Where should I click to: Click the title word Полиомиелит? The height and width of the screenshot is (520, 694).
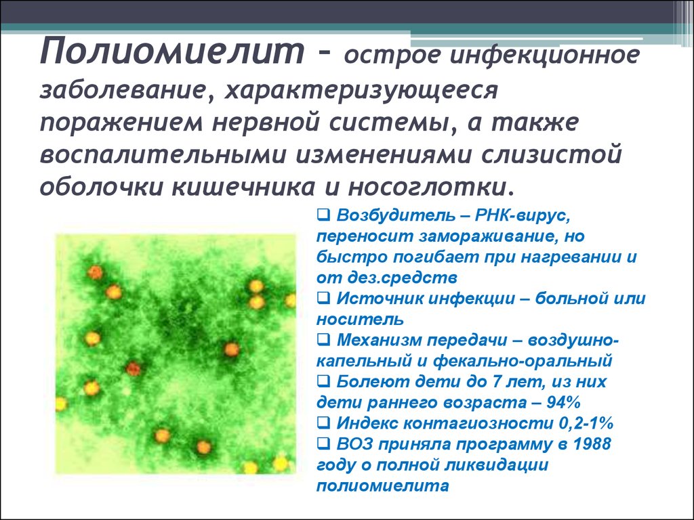(x=172, y=51)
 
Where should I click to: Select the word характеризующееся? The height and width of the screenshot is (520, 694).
(x=361, y=91)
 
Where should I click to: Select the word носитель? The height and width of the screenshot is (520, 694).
(x=360, y=320)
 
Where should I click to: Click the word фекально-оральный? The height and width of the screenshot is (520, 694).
(x=523, y=362)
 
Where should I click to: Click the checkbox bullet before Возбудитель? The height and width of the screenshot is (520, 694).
(x=323, y=215)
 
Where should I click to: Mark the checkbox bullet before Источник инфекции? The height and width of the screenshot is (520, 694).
(x=323, y=299)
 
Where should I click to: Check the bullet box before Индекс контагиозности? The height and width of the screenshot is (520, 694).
(x=323, y=423)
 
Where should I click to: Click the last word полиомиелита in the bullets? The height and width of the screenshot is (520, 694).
(x=382, y=485)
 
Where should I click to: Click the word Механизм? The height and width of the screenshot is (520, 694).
(x=378, y=340)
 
